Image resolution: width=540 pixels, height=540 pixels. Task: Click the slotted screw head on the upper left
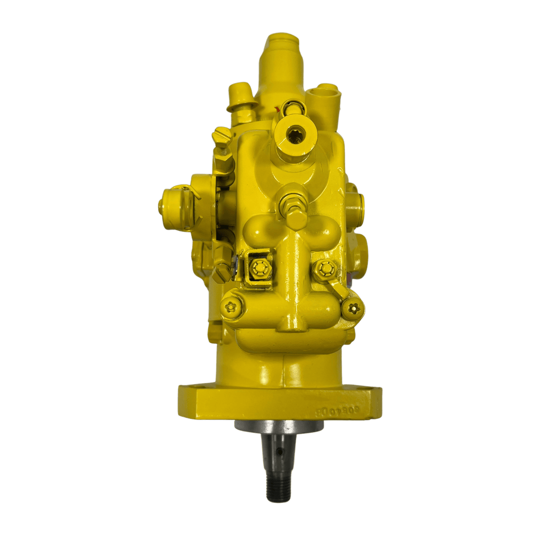(220, 136)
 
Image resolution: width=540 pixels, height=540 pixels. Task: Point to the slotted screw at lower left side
(222, 272)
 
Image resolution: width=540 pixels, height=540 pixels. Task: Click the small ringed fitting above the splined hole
(291, 109)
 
